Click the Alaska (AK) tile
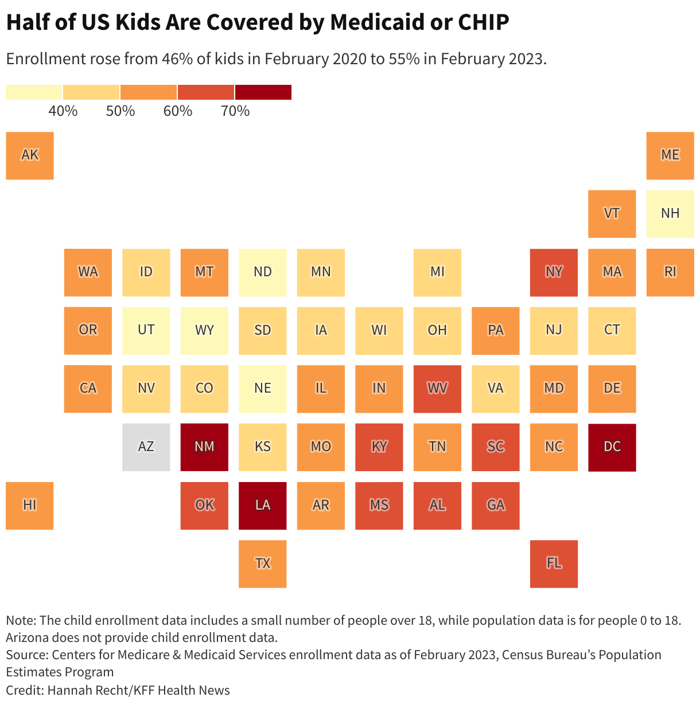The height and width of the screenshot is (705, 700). pos(30,155)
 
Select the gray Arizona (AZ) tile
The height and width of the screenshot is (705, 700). pos(146,446)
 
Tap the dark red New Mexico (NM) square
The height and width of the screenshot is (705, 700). pos(204,446)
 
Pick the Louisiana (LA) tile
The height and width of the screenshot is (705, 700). pos(263,505)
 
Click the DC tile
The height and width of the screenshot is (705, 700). pos(612,446)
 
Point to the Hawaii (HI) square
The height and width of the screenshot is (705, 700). pos(30,505)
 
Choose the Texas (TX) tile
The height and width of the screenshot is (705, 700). pos(263,563)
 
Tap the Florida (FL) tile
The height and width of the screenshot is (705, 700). pos(554,563)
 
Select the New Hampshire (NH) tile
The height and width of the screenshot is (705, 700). pos(670,214)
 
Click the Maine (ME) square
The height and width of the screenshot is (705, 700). pos(670,155)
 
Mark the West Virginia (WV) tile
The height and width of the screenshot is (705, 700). pos(437,389)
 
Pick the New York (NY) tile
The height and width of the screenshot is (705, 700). pos(554,272)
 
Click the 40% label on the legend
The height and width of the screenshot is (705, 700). pos(63,111)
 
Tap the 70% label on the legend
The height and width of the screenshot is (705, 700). pos(235,111)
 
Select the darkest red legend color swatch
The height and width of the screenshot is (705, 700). pos(263,92)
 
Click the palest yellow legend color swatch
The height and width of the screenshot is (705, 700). pos(34,92)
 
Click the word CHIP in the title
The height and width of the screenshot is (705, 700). pos(483,22)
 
